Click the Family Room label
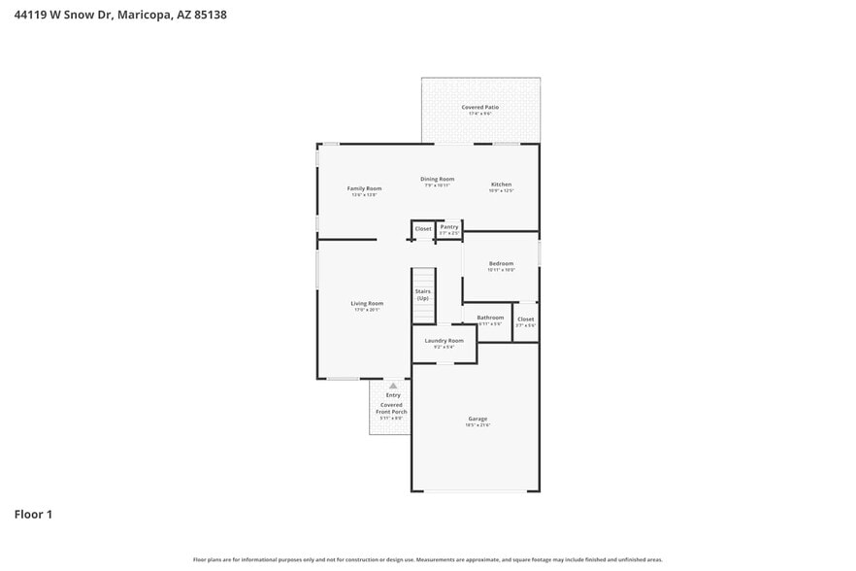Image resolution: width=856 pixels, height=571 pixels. [364, 188]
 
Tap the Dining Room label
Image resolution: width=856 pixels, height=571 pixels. [437, 179]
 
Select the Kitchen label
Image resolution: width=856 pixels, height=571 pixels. [501, 185]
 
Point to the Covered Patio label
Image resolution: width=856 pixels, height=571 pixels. [479, 107]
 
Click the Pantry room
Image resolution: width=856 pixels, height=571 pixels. [448, 229]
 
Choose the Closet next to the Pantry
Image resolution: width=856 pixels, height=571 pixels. [423, 229]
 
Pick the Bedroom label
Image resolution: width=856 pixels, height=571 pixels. [501, 264]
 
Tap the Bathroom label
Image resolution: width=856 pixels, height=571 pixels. [490, 318]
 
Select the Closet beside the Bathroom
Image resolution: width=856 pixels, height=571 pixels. [525, 319]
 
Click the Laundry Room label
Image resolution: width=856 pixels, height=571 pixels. [444, 341]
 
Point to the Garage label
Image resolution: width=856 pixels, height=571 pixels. [477, 419]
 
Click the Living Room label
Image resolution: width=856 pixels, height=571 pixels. [367, 304]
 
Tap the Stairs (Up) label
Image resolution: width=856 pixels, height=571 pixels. [423, 294]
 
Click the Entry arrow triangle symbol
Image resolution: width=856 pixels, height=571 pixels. [393, 386]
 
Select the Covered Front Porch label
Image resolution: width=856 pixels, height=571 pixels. [392, 408]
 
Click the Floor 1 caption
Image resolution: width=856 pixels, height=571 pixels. [33, 514]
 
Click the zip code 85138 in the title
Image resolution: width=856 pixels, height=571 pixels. [210, 16]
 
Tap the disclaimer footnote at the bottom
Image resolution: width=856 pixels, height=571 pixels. [428, 559]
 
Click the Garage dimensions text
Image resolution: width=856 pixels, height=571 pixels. [477, 425]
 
